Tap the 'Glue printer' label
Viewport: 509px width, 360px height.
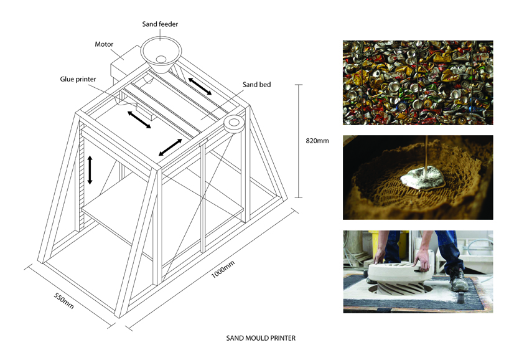click(77, 79)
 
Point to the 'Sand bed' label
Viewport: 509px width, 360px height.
click(256, 83)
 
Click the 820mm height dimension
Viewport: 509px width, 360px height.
click(317, 141)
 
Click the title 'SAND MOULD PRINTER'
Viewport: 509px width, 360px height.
click(260, 339)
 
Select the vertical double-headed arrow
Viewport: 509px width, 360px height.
click(90, 169)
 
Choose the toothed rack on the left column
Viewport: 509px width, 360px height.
click(80, 181)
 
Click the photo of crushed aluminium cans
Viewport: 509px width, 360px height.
click(418, 82)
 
